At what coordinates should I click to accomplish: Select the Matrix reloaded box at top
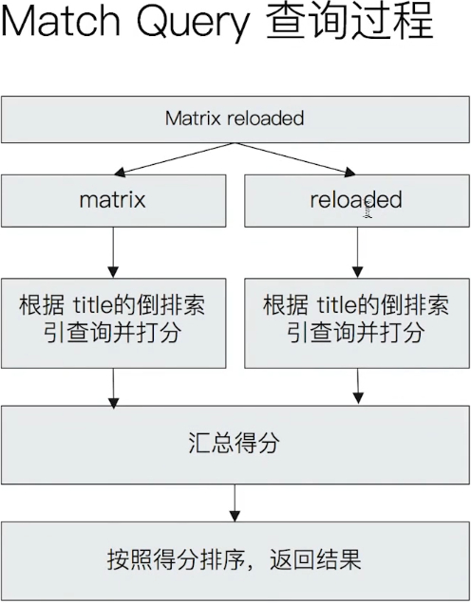pyautogui.click(x=235, y=119)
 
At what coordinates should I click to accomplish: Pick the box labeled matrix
pyautogui.click(x=113, y=200)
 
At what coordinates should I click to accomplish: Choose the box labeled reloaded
pyautogui.click(x=356, y=200)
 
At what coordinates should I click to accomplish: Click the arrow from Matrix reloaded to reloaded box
pyautogui.click(x=295, y=158)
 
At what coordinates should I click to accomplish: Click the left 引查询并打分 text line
pyautogui.click(x=113, y=334)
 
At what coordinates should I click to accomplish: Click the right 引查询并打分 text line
pyautogui.click(x=356, y=334)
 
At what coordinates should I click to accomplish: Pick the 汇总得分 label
pyautogui.click(x=235, y=444)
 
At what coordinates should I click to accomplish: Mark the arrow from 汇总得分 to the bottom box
pyautogui.click(x=235, y=502)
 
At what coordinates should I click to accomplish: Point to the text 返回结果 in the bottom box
pyautogui.click(x=323, y=559)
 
